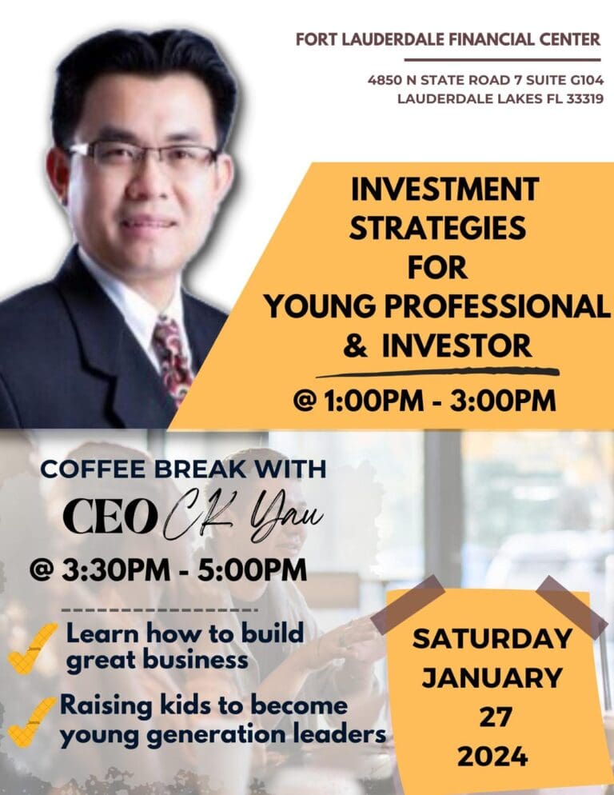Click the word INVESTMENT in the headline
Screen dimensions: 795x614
pos(445,190)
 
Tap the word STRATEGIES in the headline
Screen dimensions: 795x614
pos(438,229)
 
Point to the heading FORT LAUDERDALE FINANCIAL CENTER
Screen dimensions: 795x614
pos(448,39)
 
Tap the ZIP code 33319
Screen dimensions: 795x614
pos(582,99)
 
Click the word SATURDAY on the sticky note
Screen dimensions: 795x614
pos(492,639)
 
